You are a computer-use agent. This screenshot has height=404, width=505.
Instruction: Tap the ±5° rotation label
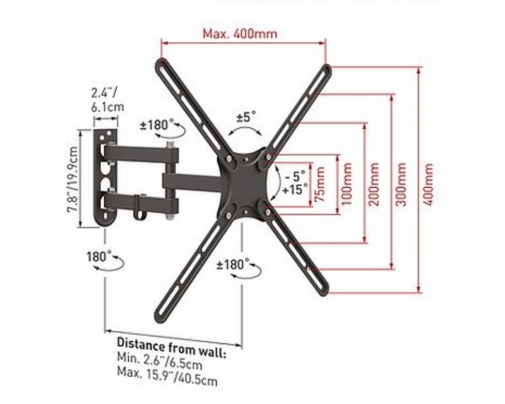pos(246,117)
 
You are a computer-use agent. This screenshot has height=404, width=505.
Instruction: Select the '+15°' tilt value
pos(295,188)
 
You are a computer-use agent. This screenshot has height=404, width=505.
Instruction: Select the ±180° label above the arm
pos(153,124)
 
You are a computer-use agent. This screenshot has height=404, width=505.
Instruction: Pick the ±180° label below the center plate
pos(232,264)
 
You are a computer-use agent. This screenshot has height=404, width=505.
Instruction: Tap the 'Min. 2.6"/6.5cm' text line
pos(159,364)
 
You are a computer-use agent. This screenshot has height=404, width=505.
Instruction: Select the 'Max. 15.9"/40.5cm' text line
pos(167,380)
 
